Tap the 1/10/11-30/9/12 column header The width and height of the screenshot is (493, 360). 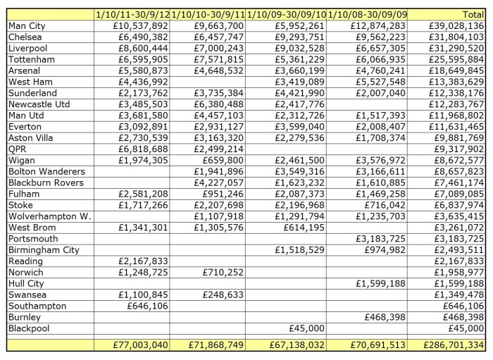pos(132,14)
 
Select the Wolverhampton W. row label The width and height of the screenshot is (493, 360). pos(49,216)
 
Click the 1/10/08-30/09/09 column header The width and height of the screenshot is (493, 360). pos(366,14)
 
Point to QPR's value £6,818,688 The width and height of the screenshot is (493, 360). pos(141,149)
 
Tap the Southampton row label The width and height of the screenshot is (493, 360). pos(37,306)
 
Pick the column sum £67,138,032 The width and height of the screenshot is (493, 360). pos(298,345)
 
